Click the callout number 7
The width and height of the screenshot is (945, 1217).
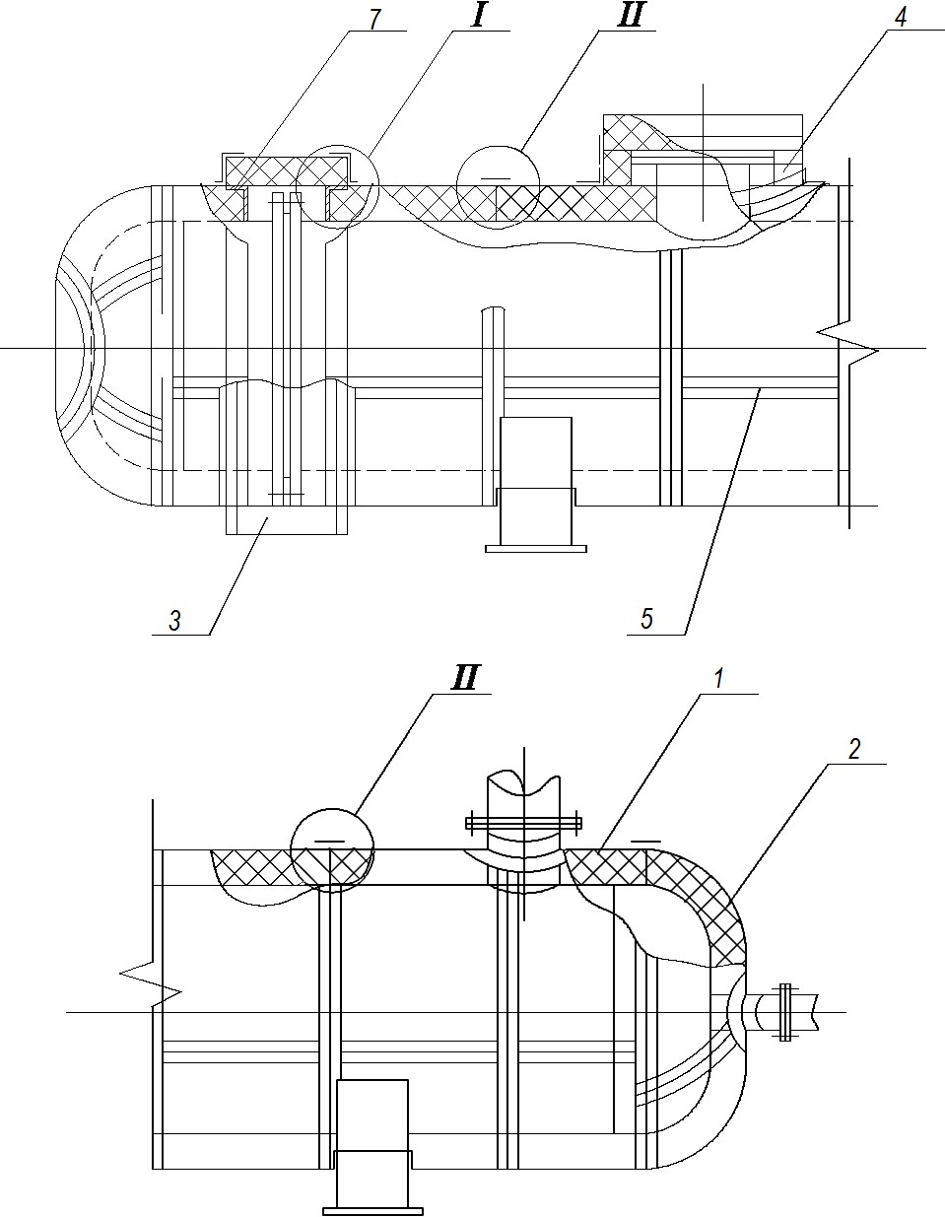(374, 19)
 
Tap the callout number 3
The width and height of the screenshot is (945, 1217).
(174, 621)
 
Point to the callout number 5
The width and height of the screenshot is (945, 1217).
(646, 619)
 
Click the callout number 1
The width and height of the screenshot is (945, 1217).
(718, 679)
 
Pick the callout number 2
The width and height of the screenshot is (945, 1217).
(853, 749)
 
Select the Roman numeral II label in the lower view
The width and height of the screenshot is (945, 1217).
(465, 678)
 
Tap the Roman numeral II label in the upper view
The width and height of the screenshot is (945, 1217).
(631, 18)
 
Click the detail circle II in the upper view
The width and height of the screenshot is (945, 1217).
(499, 146)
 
